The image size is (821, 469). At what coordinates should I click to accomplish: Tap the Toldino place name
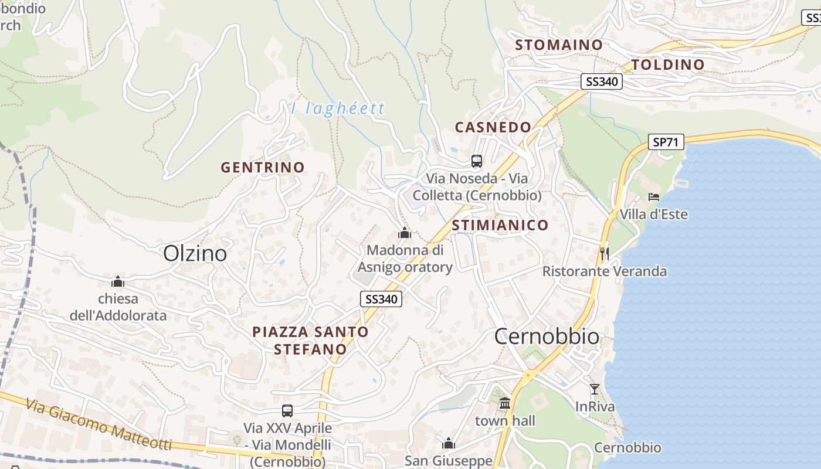click(x=667, y=64)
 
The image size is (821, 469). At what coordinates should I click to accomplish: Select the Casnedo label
click(x=493, y=127)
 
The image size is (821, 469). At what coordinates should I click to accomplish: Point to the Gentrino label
click(x=263, y=167)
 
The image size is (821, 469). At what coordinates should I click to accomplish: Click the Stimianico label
click(x=500, y=225)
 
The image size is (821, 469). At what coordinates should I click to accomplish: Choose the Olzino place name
click(x=195, y=253)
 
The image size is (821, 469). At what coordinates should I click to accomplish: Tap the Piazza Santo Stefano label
click(x=310, y=341)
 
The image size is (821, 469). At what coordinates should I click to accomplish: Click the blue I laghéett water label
click(x=338, y=108)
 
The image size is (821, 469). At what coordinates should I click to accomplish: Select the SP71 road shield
click(x=666, y=142)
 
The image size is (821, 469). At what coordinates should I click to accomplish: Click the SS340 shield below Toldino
click(x=602, y=81)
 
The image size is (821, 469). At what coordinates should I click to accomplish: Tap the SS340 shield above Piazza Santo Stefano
click(x=381, y=299)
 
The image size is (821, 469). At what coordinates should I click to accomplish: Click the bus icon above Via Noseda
click(x=477, y=161)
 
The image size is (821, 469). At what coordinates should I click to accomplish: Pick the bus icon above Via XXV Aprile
click(x=287, y=410)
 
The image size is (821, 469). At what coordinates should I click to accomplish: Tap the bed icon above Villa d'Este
click(x=654, y=197)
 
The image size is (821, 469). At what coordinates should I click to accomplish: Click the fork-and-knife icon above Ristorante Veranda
click(x=605, y=253)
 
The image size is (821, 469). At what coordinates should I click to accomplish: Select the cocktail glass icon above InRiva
click(x=595, y=389)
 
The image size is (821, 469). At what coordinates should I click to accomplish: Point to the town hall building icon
click(x=505, y=403)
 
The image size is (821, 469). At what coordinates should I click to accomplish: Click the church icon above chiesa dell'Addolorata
click(x=118, y=281)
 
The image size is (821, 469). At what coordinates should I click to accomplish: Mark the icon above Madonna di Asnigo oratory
click(x=405, y=233)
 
